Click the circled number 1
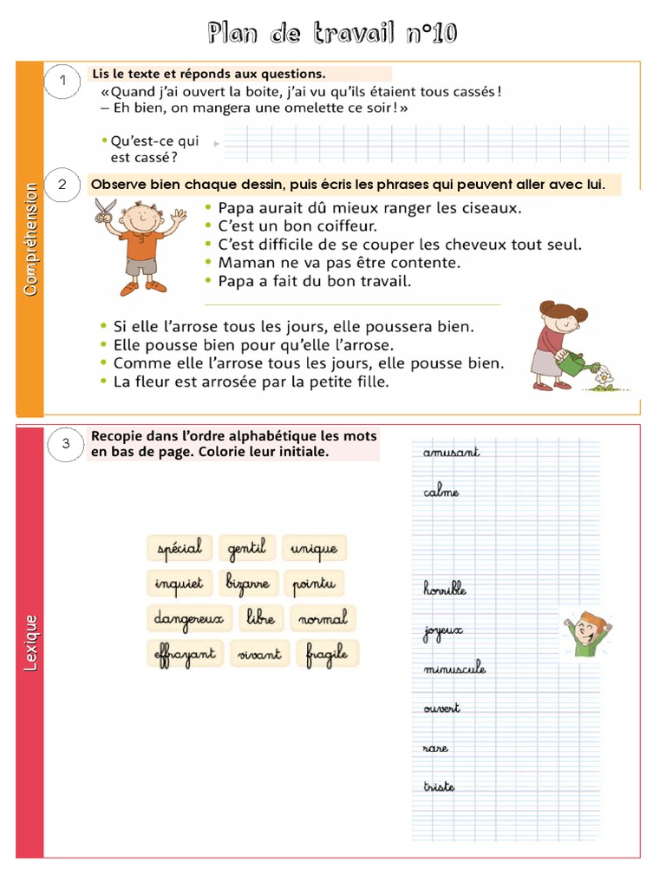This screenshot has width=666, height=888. point(62,82)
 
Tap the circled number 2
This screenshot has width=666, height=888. point(62,186)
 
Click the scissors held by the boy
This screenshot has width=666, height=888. point(106,208)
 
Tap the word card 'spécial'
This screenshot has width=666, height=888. point(179,548)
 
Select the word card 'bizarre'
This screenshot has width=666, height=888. point(248,583)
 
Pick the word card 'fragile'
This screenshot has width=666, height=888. point(327,654)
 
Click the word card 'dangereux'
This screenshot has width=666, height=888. point(188,618)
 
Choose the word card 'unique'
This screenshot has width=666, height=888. point(314,548)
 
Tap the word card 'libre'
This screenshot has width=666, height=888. point(260,618)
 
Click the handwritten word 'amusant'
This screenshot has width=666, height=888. point(451,452)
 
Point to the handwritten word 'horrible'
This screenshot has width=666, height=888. point(445,589)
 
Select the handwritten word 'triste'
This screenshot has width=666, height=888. point(439,787)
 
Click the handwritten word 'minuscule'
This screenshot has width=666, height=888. point(454,669)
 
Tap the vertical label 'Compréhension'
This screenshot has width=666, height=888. point(30,238)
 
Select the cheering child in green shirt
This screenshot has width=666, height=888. point(586,632)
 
